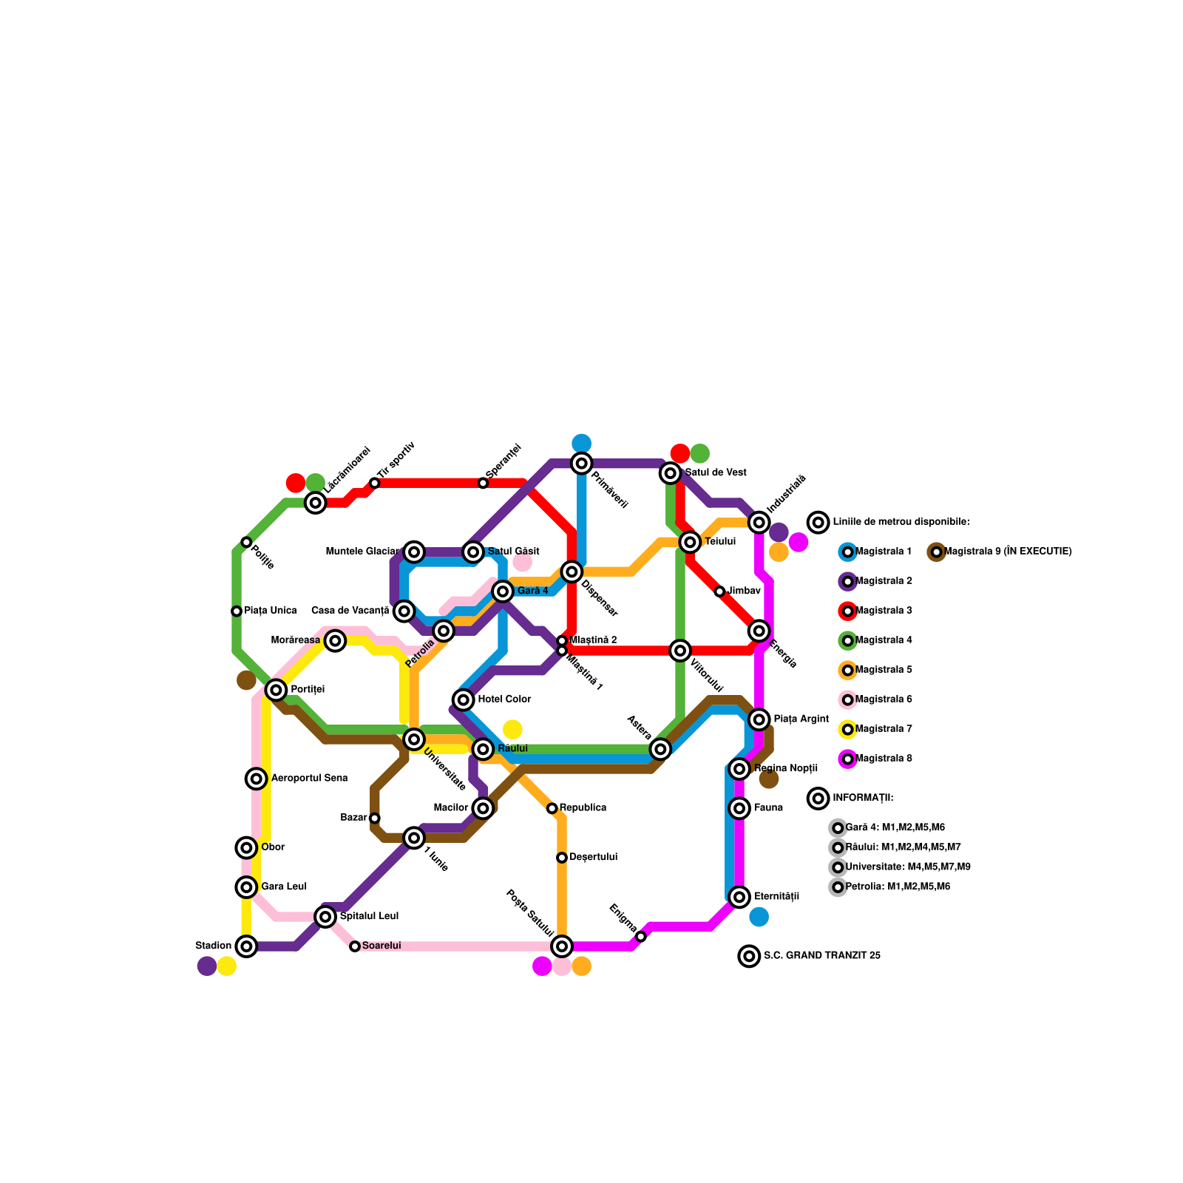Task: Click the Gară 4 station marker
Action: pos(503,591)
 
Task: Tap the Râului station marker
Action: pos(483,749)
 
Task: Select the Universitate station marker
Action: pos(414,739)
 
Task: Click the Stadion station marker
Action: pos(246,946)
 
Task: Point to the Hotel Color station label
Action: pos(504,699)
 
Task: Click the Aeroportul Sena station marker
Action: pos(256,778)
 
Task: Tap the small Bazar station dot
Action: pos(375,818)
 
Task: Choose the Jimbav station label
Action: pos(744,591)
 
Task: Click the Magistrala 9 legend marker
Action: pos(936,552)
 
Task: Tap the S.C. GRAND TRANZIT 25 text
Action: pos(821,956)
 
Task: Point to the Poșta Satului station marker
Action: pos(562,946)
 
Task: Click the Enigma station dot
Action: pos(641,937)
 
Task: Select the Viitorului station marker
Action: pos(680,650)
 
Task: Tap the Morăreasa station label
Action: pos(296,640)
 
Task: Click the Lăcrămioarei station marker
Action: pos(316,503)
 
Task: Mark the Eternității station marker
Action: pos(739,897)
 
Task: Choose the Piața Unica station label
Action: pos(270,611)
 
